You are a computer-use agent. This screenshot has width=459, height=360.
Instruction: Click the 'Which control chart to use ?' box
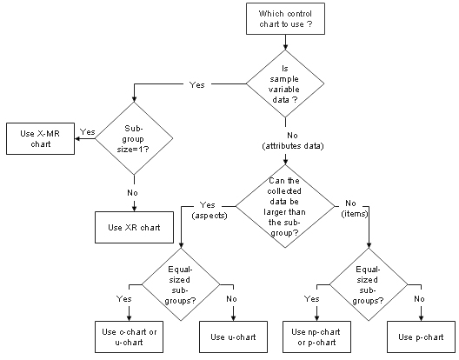pos(285,19)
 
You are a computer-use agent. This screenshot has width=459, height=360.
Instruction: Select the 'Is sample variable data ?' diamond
pos(285,83)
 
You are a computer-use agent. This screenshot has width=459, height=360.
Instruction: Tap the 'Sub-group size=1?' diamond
pos(134,138)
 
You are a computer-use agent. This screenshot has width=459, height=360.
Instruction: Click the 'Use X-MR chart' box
pos(40,138)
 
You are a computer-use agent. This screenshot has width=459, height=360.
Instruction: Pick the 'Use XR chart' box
pos(134,227)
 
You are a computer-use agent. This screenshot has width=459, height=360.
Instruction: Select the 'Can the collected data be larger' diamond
pos(285,206)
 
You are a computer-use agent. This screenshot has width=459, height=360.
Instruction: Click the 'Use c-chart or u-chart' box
pos(129,337)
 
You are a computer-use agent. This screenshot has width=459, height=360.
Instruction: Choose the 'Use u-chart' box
pos(233,337)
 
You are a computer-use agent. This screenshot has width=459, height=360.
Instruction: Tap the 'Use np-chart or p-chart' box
pos(316,337)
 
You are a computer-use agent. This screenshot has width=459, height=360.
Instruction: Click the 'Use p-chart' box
pos(422,337)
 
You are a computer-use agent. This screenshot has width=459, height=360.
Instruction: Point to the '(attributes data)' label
pos(293,146)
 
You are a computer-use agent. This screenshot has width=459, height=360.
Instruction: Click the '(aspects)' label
pos(210,216)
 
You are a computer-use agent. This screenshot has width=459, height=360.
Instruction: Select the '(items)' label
pos(355,214)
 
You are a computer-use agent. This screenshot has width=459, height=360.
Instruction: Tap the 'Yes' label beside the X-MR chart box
pos(88,132)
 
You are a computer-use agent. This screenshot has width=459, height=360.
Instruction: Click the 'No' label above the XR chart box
pos(132,193)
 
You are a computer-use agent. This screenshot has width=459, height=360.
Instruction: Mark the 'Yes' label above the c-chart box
pos(123,299)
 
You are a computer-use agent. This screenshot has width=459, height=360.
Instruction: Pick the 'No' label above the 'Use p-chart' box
pos(419,299)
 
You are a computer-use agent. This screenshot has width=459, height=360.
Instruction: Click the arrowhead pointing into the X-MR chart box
pos(77,138)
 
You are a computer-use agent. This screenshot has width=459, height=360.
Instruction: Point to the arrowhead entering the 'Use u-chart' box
pos(233,318)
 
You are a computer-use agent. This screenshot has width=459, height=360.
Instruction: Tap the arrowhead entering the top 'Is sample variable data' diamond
pos(285,47)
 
